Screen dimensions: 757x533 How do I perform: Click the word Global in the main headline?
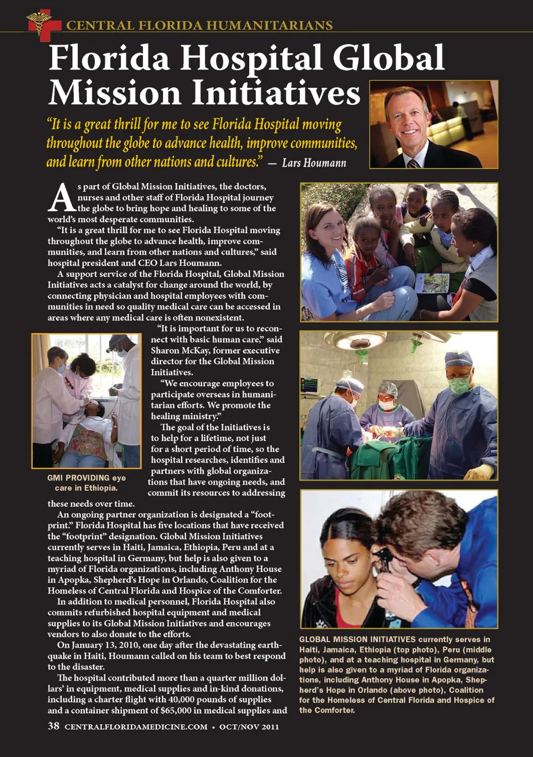[x=388, y=58]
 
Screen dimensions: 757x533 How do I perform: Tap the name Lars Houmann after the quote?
[x=314, y=163]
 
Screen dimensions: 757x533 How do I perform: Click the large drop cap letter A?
[x=61, y=198]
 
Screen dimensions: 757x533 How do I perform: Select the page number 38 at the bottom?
[x=54, y=726]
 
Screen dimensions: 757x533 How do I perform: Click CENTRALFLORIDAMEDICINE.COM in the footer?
[x=136, y=726]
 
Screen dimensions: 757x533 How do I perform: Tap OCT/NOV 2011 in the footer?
[x=249, y=726]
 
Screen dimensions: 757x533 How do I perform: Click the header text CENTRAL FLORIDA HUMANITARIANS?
[x=199, y=25]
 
